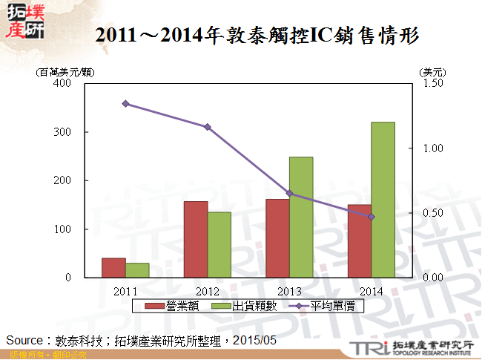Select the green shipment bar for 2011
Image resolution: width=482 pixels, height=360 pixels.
tap(137, 270)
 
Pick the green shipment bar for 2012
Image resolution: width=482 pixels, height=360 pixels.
tap(219, 245)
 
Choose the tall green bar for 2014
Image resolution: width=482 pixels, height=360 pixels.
tap(383, 200)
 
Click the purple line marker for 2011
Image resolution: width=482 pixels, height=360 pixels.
tap(125, 104)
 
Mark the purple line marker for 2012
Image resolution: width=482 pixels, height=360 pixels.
tap(208, 127)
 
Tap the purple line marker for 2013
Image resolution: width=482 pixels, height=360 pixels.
tap(289, 194)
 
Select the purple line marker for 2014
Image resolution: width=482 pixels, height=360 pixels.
tap(371, 217)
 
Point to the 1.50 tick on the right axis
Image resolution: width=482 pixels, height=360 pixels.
tap(433, 83)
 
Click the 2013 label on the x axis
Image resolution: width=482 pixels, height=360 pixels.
tap(289, 290)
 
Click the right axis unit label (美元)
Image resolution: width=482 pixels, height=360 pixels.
tap(432, 72)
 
